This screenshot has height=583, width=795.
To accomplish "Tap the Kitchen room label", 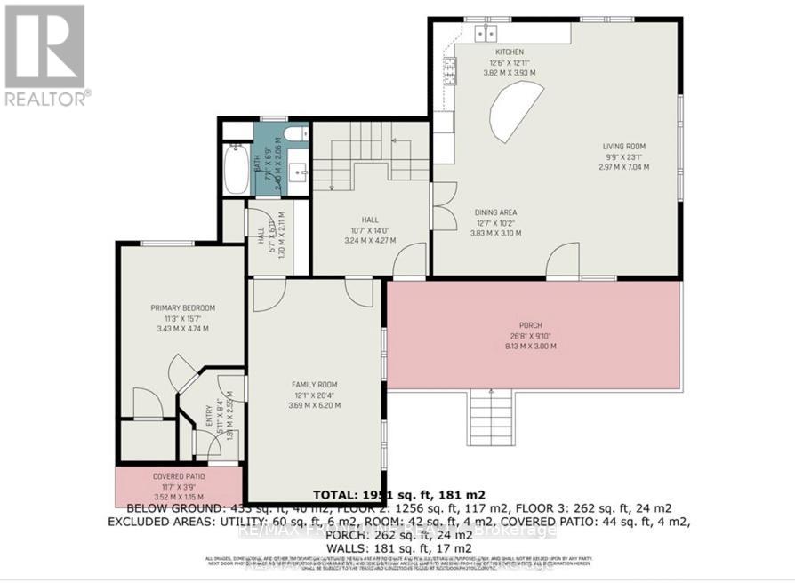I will coord(510,52).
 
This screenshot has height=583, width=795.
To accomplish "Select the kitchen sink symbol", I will coord(486,34).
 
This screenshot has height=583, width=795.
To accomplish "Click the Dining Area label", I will coord(495,212).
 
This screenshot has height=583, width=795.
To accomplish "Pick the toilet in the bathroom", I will coord(298,133).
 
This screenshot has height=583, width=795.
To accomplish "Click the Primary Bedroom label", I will coord(183,308).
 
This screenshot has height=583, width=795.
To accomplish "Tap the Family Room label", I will coord(316,385).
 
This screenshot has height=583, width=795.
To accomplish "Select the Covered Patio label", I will coord(178,477).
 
